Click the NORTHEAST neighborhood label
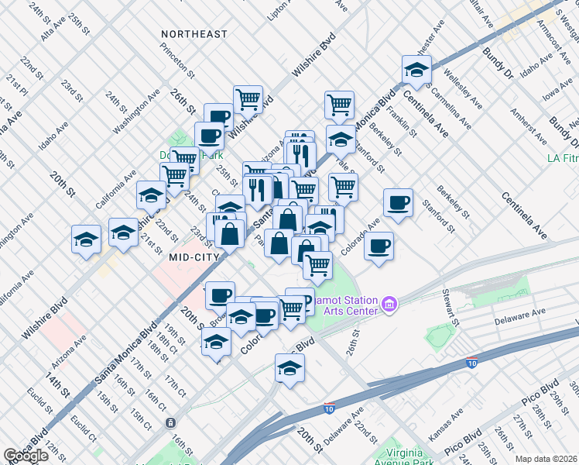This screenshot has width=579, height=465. point(194,34)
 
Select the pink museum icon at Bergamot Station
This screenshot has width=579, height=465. point(390,305)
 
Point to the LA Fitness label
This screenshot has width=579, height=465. point(562,158)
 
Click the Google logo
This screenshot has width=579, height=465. point(26,456)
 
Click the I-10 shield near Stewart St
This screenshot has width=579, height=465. point(471,363)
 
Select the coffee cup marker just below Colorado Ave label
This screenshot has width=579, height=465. point(379,247)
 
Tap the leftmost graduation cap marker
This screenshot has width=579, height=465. point(86,239)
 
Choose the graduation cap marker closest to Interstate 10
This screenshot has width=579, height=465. point(289,369)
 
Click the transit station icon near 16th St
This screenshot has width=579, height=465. point(170,423)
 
